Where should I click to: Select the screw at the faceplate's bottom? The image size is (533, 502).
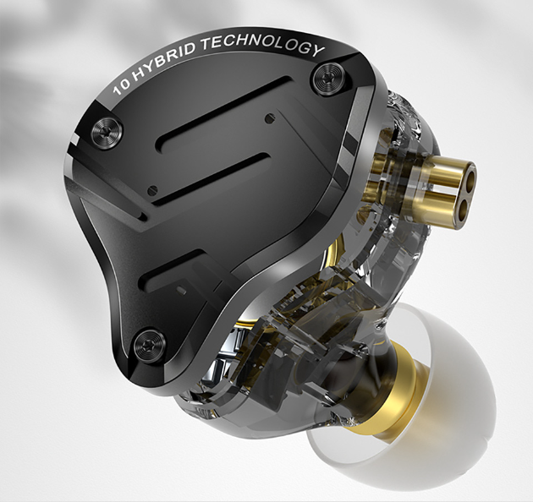pyautogui.click(x=149, y=341)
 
